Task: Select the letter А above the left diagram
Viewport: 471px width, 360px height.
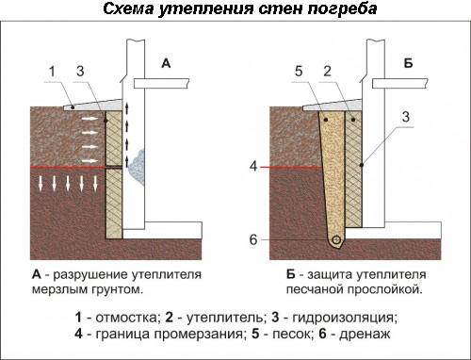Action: pos(166,64)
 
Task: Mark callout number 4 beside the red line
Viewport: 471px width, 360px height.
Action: pos(254,169)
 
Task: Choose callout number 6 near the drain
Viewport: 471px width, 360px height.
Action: pos(254,237)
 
